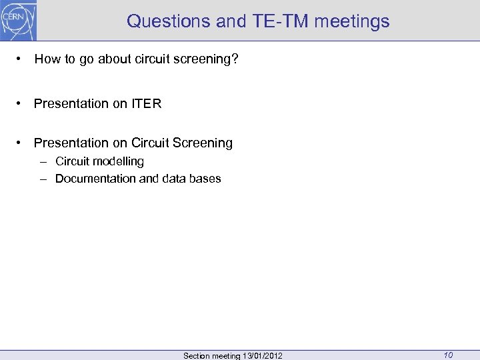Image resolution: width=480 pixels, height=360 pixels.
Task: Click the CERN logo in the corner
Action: click(x=19, y=20)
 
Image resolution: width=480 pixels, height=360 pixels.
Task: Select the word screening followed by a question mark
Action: click(x=209, y=59)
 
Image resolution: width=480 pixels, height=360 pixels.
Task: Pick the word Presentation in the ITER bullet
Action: click(x=71, y=103)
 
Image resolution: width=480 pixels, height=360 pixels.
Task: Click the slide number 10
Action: click(x=448, y=355)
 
